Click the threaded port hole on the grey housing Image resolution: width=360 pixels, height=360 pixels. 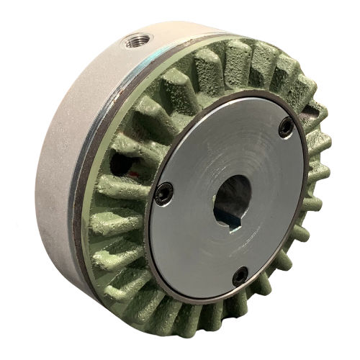point(135,41)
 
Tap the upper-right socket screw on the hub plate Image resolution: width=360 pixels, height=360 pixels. point(286,127)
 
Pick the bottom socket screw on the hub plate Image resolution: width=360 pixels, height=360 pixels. point(240,274)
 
